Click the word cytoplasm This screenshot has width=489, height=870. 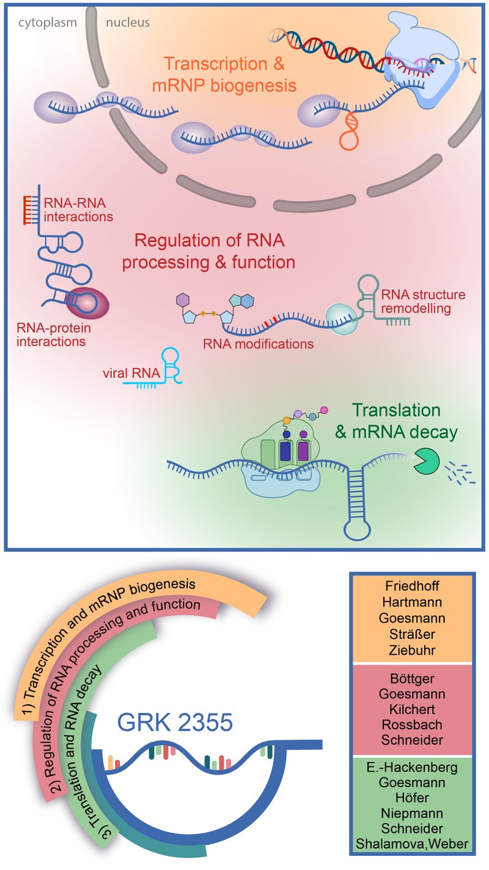click(48, 23)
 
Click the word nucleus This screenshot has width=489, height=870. click(128, 23)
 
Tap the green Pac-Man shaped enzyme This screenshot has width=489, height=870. click(426, 462)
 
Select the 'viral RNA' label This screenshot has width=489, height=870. click(131, 373)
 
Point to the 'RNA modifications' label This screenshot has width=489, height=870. click(259, 344)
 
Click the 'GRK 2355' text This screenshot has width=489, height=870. click(175, 723)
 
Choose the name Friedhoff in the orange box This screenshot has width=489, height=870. click(412, 586)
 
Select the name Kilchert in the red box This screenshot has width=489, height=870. click(412, 709)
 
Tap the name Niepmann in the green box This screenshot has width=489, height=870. click(412, 813)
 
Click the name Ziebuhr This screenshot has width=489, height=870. click(412, 650)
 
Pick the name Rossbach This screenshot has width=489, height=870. click(412, 724)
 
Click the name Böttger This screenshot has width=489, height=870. click(412, 679)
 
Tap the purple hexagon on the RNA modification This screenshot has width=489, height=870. click(183, 300)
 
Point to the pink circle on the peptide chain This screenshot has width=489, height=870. click(323, 410)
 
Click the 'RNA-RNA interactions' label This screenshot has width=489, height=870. click(78, 210)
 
